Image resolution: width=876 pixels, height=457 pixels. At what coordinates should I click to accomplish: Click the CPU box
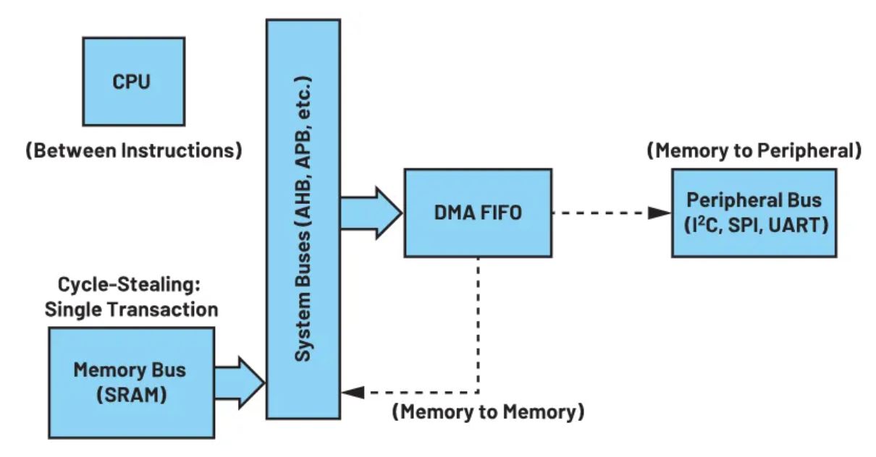click(x=133, y=82)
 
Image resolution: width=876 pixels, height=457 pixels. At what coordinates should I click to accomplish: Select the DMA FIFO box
click(x=478, y=213)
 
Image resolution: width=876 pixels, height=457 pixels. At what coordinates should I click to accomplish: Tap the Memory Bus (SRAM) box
click(x=131, y=381)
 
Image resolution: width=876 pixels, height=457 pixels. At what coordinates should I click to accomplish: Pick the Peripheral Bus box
click(x=754, y=213)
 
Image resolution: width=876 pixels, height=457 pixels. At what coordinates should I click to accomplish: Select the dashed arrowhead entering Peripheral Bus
click(x=659, y=213)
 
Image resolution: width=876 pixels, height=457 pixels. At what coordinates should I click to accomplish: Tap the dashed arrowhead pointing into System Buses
click(x=353, y=393)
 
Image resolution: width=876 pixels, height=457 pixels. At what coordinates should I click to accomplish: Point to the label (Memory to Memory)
click(x=488, y=413)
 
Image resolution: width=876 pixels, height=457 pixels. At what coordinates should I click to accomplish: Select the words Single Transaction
click(x=131, y=309)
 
